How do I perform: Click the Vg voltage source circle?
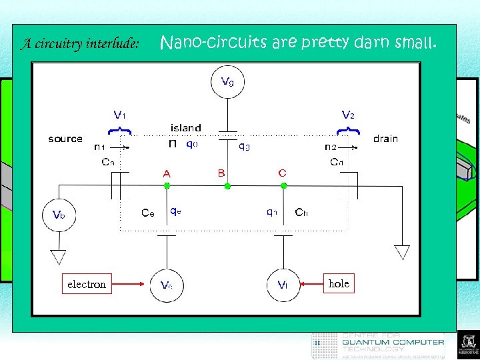pos(227,83)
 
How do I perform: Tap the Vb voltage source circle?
pos(59,215)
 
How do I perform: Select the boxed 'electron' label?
pos(86,284)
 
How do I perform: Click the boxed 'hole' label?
pos(339,283)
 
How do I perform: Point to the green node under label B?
pos(227,186)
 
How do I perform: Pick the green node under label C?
pos(283,186)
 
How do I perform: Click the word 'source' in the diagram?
pos(65,139)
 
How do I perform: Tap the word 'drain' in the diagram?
pos(385,139)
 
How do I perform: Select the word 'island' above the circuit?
pos(186,127)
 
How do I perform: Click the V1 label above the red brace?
pos(120,114)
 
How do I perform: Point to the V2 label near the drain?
pos(348,114)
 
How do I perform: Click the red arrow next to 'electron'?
pos(129,285)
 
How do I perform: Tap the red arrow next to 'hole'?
pos(311,285)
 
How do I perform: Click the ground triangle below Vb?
pos(59,256)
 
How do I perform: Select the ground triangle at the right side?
pos(401,252)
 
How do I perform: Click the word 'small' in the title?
pos(416,43)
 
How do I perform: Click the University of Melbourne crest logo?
pos(466,345)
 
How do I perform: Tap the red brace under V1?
pos(119,127)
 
